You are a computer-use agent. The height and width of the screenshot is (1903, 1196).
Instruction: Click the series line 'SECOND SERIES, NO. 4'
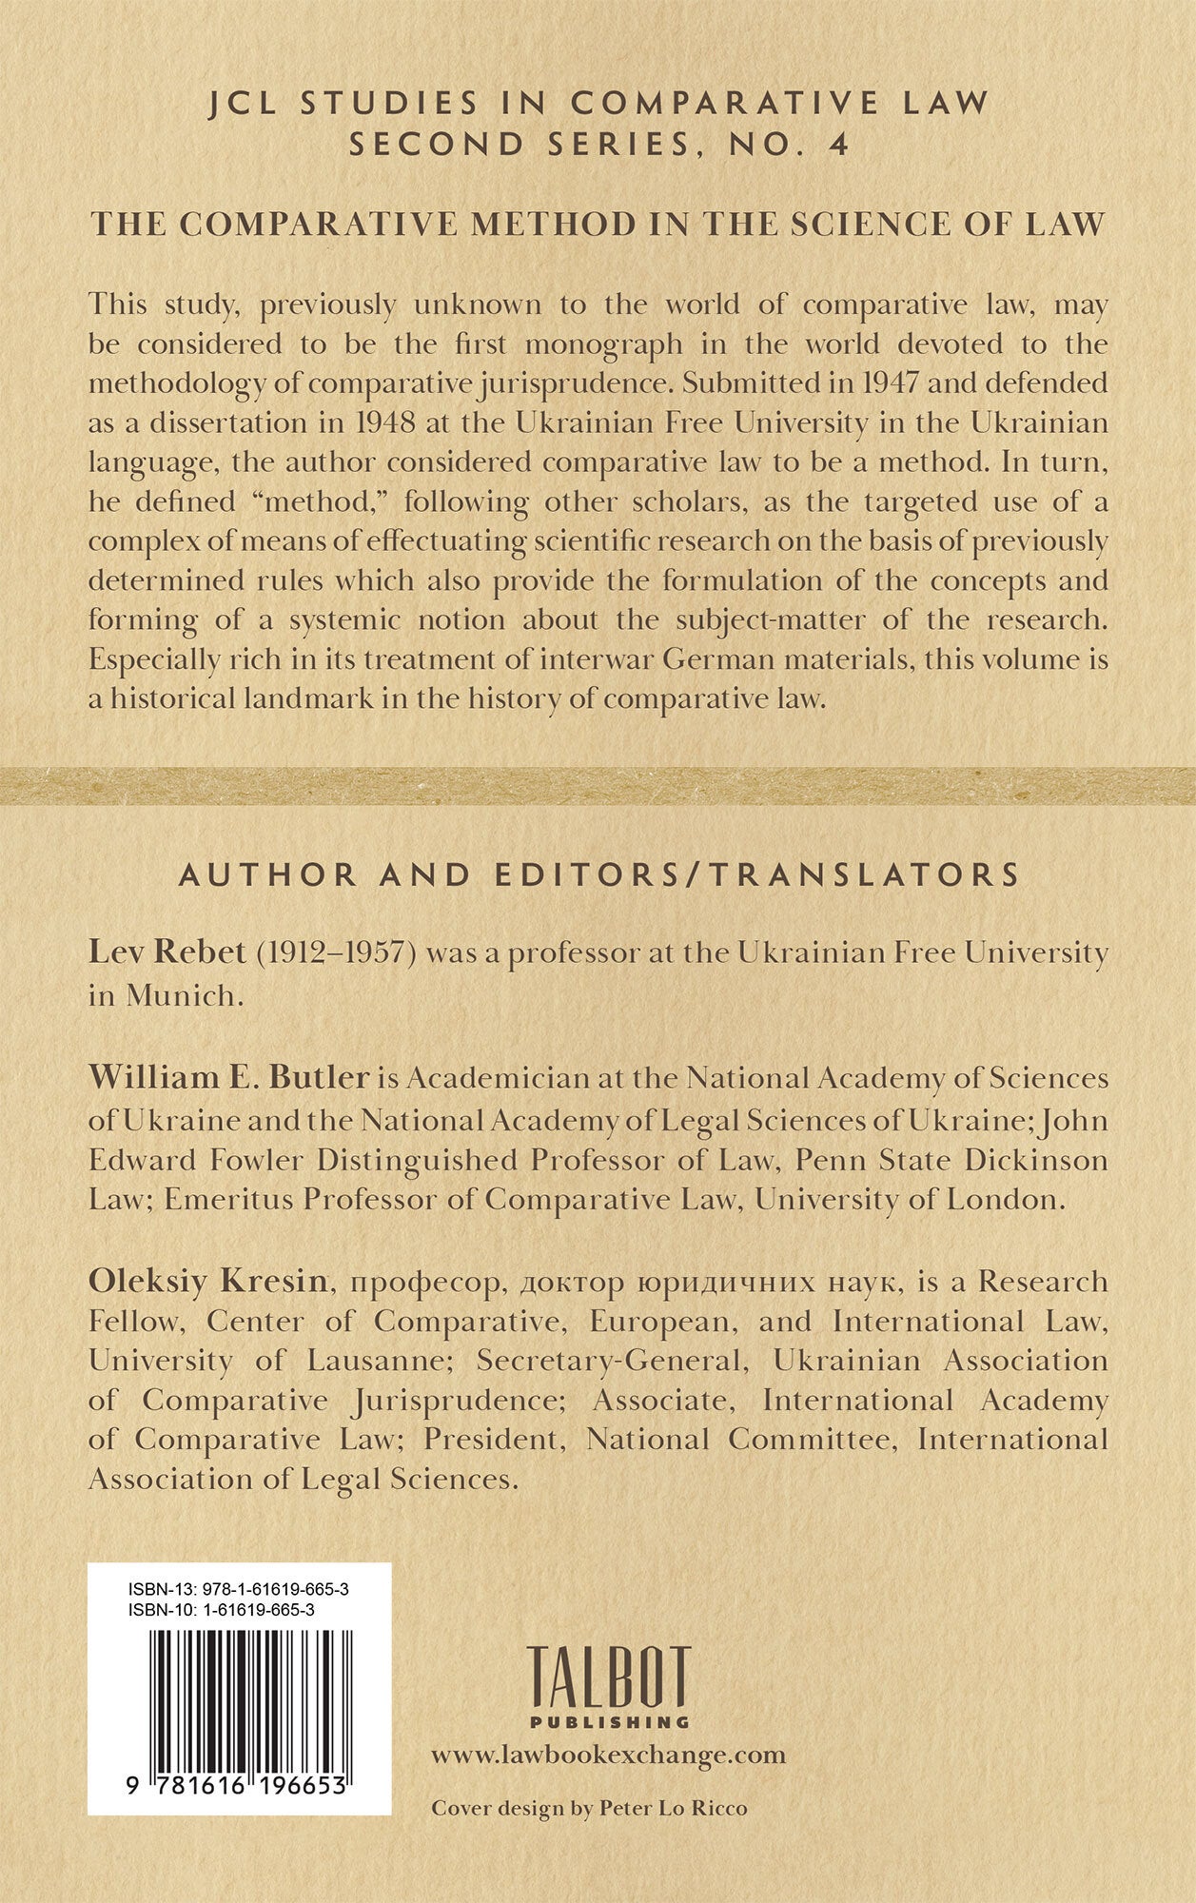(598, 144)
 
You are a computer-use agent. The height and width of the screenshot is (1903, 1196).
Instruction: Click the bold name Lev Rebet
(167, 951)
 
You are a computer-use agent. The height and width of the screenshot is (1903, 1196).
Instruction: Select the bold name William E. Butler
(229, 1077)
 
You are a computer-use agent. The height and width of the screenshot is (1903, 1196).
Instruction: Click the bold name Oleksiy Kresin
(208, 1281)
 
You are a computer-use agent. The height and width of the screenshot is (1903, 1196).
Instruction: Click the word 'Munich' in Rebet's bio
(180, 995)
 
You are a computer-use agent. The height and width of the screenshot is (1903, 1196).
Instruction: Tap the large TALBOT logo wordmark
(609, 1677)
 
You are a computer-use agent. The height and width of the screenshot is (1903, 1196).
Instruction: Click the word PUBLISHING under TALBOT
(609, 1721)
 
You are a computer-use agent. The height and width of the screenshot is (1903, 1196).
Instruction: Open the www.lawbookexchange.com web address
(609, 1756)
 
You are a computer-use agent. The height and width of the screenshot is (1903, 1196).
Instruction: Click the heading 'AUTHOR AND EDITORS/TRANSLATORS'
(598, 874)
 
